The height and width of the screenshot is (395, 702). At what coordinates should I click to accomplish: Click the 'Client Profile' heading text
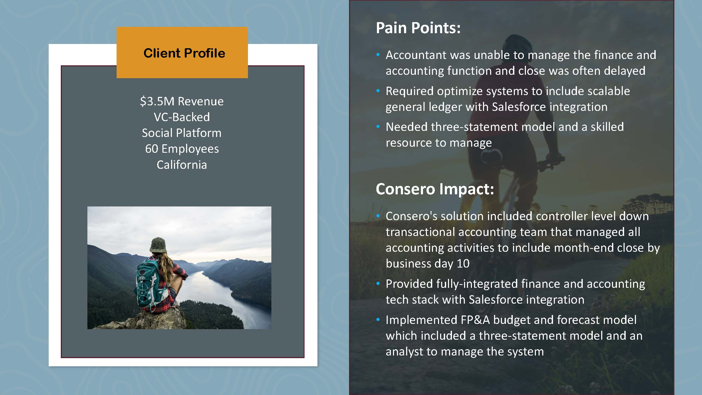point(184,53)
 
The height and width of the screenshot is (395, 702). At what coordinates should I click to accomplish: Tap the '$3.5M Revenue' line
point(182,101)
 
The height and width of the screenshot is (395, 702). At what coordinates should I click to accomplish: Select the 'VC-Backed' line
point(182,117)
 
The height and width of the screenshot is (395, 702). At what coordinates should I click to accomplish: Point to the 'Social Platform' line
point(182,133)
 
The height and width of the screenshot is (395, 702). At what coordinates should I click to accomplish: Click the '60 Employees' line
point(182,149)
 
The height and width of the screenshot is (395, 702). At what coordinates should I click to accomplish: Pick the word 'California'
point(182,165)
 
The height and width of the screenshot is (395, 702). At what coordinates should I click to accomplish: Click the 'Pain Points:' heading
point(418,28)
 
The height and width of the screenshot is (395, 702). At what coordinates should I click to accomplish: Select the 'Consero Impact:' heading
point(435,189)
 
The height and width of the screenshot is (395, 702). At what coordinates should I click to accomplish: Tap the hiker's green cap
point(158,245)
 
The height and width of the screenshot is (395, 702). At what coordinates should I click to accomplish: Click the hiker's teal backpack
point(147,282)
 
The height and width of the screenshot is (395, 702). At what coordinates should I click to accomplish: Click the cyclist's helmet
point(515,44)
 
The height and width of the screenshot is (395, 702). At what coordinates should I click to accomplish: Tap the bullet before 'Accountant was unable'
point(378,55)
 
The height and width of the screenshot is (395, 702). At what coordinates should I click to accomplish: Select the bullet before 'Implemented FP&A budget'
point(378,319)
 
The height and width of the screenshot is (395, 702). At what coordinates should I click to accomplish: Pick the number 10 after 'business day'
point(463,264)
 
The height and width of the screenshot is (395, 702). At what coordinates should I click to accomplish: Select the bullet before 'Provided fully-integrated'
point(378,284)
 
